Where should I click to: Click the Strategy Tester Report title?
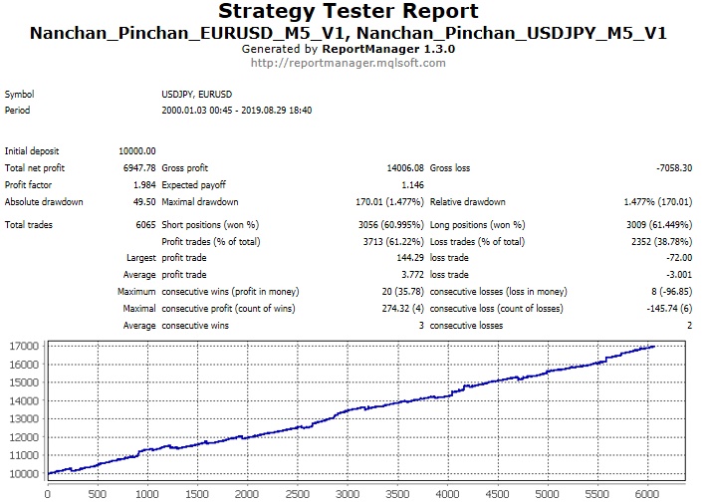coord(349,13)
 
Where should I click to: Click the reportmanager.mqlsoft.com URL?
coord(349,62)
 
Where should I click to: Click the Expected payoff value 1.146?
coord(411,184)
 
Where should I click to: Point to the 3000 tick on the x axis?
coord(349,491)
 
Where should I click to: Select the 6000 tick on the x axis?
coord(648,491)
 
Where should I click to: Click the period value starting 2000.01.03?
coord(237,110)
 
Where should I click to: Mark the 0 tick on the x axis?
coord(48,491)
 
